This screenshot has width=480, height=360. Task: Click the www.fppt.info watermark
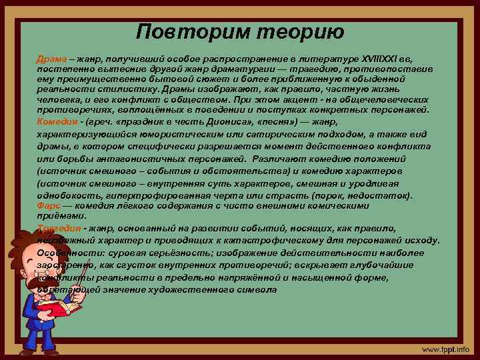444,349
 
